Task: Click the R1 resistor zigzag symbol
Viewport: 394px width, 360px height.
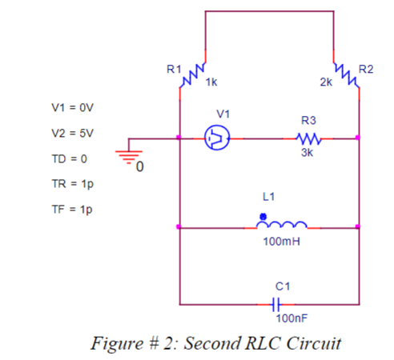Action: pyautogui.click(x=192, y=75)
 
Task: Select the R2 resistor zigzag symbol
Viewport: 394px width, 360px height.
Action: pyautogui.click(x=347, y=75)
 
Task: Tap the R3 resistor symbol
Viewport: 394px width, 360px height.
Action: pyautogui.click(x=308, y=138)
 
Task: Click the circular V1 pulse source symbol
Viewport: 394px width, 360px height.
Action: pyautogui.click(x=217, y=138)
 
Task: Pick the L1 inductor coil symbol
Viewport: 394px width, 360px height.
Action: pyautogui.click(x=282, y=225)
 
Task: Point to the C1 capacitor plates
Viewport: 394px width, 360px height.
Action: pyautogui.click(x=276, y=304)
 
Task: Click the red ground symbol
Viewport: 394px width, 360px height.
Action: pyautogui.click(x=129, y=157)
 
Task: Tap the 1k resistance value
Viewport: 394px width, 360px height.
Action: pyautogui.click(x=211, y=82)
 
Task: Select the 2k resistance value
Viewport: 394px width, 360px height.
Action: pyautogui.click(x=326, y=82)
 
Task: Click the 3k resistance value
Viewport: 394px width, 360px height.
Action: pyautogui.click(x=307, y=153)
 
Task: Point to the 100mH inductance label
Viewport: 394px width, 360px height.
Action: pyautogui.click(x=282, y=242)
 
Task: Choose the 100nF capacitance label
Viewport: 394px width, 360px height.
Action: pyautogui.click(x=291, y=318)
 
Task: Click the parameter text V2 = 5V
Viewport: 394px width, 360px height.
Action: pyautogui.click(x=73, y=133)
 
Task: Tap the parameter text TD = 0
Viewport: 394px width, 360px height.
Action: pyautogui.click(x=70, y=158)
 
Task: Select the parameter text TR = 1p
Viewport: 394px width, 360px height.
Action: pyautogui.click(x=73, y=184)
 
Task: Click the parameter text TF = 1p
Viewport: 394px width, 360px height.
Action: pyautogui.click(x=72, y=210)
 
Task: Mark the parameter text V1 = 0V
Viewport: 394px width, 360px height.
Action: pyautogui.click(x=73, y=107)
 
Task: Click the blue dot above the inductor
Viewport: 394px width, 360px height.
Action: pyautogui.click(x=263, y=216)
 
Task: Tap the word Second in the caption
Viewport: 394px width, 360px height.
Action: pyautogui.click(x=212, y=343)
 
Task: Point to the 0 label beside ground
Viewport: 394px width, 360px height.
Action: pyautogui.click(x=140, y=166)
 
